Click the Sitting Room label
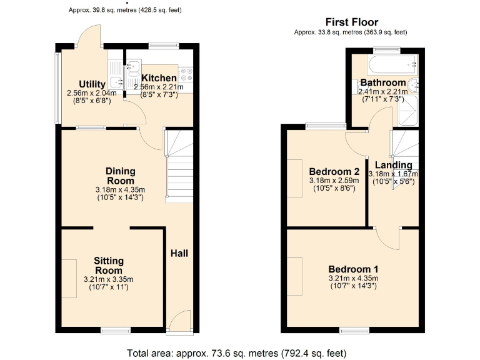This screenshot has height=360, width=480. tap(109, 265)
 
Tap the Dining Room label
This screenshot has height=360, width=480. tap(120, 176)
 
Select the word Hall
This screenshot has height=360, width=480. tap(179, 253)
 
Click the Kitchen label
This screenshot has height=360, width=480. tap(158, 78)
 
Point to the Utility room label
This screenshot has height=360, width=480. tap(92, 84)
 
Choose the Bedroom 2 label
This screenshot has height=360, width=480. tap(334, 172)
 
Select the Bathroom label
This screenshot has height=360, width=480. tap(382, 82)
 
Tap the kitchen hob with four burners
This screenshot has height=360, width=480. tap(186, 76)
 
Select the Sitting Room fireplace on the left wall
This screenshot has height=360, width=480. tap(69, 279)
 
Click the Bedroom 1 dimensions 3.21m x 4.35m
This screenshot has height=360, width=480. tap(353, 278)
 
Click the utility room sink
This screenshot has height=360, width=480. tap(116, 81)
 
